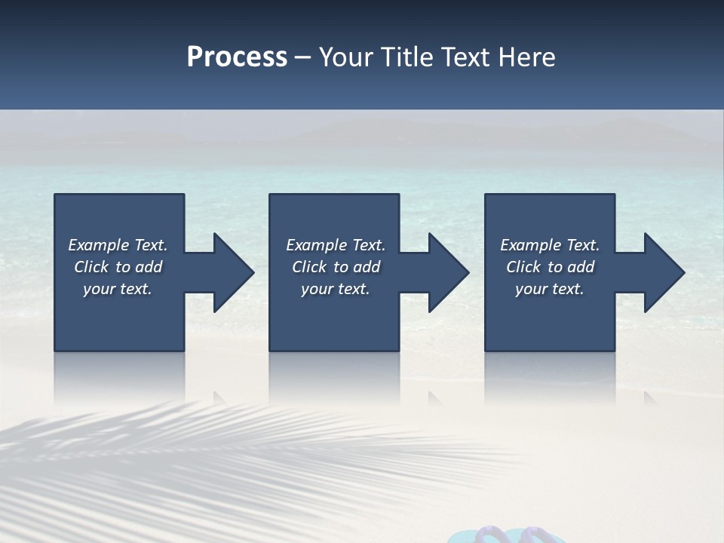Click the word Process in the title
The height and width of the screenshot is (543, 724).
click(237, 57)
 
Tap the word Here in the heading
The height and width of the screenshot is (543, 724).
click(526, 57)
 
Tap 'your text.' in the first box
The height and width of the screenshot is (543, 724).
click(118, 289)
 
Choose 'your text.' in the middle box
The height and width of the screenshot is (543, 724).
click(335, 289)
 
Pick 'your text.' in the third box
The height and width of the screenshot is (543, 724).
click(550, 289)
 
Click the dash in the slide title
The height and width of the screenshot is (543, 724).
click(302, 58)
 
